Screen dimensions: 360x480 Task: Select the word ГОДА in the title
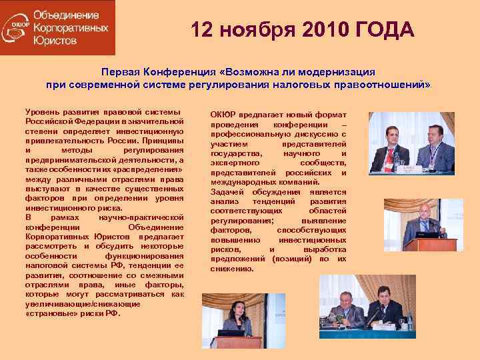tap(385, 30)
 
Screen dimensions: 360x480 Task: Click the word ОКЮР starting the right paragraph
tap(223, 114)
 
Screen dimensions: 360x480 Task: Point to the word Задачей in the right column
tap(227, 192)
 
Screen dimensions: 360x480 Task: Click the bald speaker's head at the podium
tap(425, 214)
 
